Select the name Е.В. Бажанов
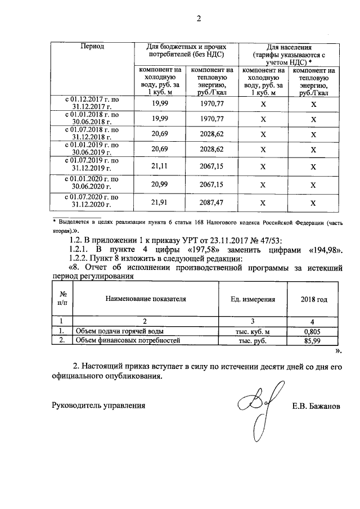(x=316, y=405)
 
